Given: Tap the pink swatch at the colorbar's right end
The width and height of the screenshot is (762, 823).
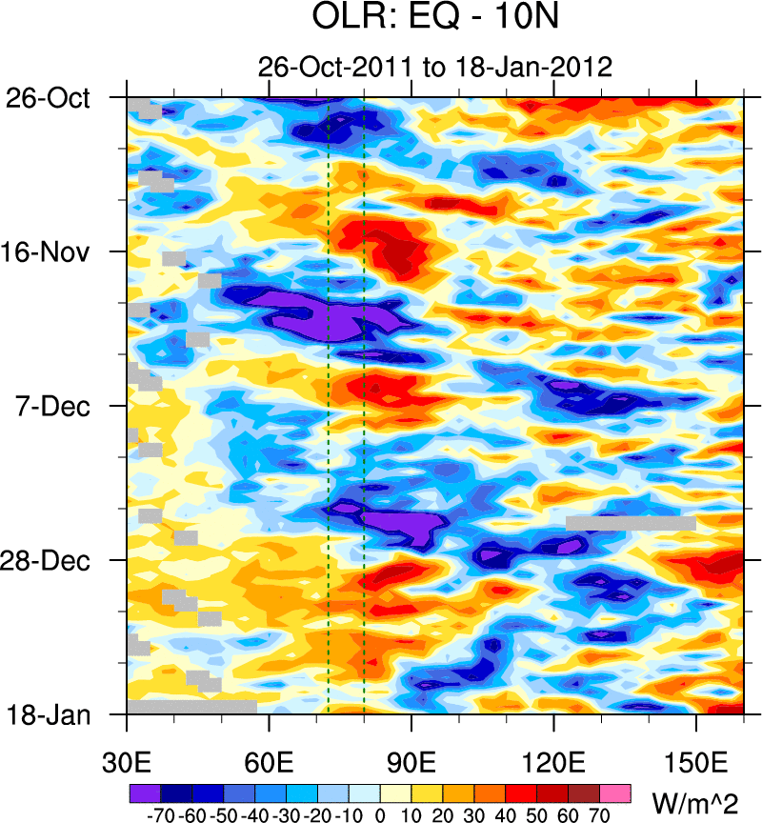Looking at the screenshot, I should (x=614, y=792).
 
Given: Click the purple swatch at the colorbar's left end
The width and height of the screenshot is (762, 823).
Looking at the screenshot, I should (x=145, y=792).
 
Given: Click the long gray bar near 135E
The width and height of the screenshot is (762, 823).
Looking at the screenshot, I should (x=631, y=523).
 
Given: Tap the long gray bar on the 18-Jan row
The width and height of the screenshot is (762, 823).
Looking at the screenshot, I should (x=192, y=707).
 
